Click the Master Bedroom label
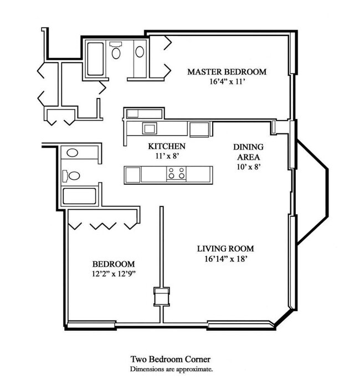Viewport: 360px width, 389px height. (x=227, y=72)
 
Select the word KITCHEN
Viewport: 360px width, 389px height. (x=167, y=146)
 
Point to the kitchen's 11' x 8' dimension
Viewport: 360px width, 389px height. (x=167, y=156)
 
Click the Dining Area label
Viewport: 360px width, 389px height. (x=248, y=152)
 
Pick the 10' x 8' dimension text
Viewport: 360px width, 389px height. (x=249, y=167)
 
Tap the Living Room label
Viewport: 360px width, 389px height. (x=225, y=248)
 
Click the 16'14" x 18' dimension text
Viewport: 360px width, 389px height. (x=226, y=259)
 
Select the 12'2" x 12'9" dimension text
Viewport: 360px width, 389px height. (x=114, y=274)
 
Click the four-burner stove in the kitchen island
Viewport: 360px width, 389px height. (x=177, y=173)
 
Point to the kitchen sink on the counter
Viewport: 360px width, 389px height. (x=150, y=128)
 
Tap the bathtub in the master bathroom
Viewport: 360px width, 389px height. (x=95, y=59)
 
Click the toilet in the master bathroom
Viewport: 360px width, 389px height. (x=116, y=50)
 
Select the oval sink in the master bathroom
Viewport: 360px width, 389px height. (x=140, y=52)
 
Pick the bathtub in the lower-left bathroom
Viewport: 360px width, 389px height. (x=79, y=196)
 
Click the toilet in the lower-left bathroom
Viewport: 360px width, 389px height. (x=71, y=176)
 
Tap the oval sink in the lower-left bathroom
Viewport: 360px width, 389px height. (x=72, y=153)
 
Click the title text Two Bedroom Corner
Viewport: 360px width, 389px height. (x=171, y=359)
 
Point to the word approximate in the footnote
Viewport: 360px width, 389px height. (x=194, y=369)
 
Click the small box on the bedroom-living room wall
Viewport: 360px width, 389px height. (x=162, y=297)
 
